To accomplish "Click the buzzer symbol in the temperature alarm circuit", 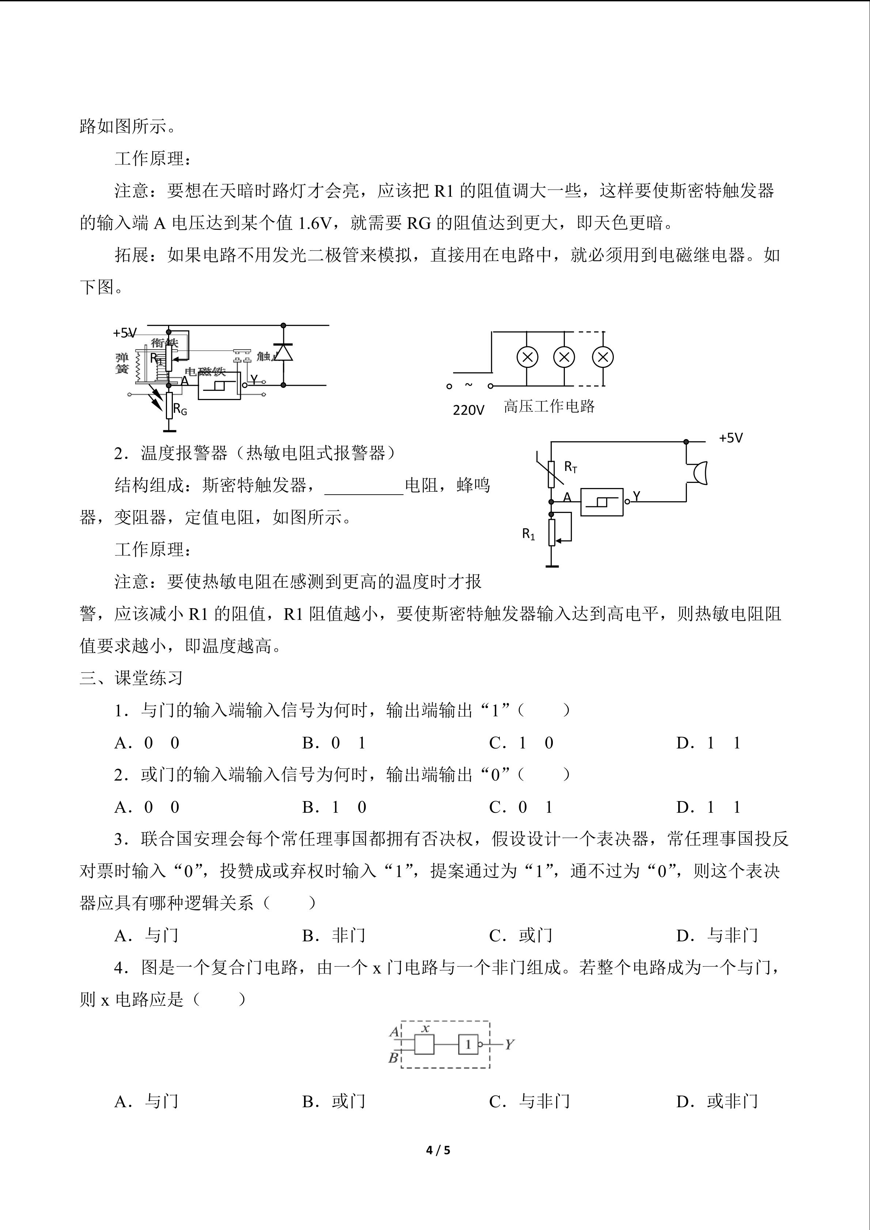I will click(698, 473).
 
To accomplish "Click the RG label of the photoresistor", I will click(180, 411).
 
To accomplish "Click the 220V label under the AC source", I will click(468, 410).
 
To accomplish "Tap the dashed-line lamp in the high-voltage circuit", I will click(603, 357).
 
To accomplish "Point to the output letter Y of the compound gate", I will click(509, 1044).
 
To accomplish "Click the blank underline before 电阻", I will click(364, 487).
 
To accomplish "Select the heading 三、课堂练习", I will click(131, 678).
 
